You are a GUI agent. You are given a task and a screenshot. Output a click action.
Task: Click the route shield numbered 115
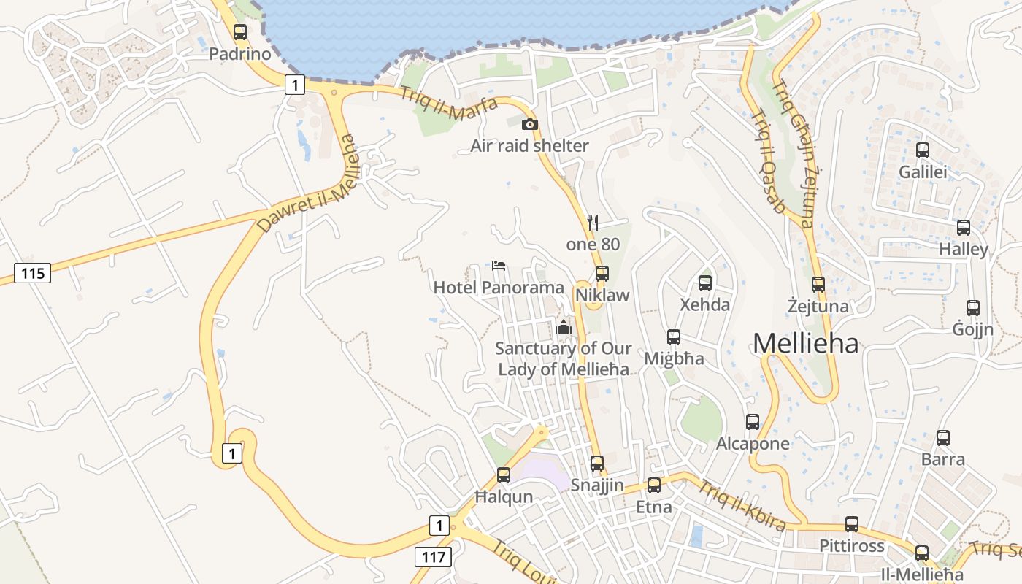tap(33, 274)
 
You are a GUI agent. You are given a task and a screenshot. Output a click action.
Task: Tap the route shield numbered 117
tap(433, 557)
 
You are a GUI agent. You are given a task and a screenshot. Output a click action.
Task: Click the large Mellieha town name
tap(805, 343)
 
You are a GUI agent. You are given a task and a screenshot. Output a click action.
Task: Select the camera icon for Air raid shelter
tap(530, 125)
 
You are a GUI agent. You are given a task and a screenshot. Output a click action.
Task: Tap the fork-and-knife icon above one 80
tap(593, 223)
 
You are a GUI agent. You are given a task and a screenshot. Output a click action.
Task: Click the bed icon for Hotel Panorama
tap(499, 265)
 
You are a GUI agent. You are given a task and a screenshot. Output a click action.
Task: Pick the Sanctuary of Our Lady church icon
tap(563, 327)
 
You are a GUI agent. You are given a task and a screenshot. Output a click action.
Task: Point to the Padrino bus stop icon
tap(240, 32)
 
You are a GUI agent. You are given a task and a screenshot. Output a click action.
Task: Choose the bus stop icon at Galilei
tap(923, 150)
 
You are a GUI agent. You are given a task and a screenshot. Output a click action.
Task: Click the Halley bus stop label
tap(964, 249)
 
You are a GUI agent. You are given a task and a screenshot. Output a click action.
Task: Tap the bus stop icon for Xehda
tap(705, 283)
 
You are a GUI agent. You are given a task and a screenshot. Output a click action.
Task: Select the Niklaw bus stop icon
tap(602, 274)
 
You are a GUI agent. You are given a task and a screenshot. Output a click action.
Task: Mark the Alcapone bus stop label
tap(753, 443)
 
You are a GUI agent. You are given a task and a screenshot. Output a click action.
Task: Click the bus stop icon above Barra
tap(943, 438)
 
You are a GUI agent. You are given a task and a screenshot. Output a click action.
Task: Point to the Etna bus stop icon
tap(654, 485)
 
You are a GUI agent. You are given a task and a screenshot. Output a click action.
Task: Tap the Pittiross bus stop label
tap(851, 545)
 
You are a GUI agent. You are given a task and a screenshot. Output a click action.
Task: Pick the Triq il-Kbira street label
tap(743, 505)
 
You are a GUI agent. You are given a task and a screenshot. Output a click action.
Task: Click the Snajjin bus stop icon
tap(597, 464)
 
